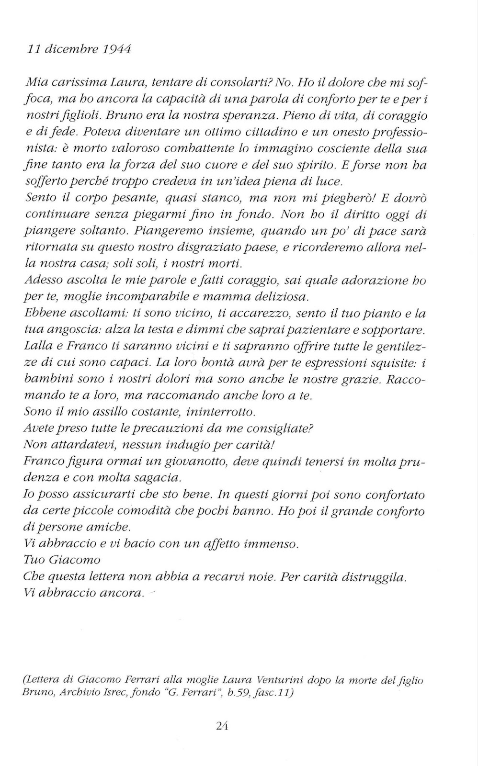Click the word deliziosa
coord(277,297)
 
